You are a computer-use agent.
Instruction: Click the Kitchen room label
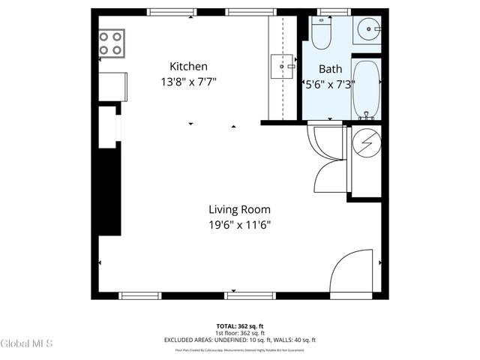tap(188, 66)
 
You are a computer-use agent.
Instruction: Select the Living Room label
tap(239, 209)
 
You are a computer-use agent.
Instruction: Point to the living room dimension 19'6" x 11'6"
tap(239, 224)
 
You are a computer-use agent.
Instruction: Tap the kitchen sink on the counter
tap(283, 66)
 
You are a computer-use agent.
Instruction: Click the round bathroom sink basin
tap(367, 31)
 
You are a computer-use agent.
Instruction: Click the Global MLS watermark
tap(27, 343)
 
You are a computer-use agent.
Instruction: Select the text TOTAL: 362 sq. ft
tap(240, 326)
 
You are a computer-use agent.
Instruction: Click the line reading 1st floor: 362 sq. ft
tap(240, 333)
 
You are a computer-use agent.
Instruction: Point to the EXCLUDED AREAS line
tap(240, 340)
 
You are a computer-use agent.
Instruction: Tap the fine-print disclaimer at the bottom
tap(240, 349)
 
